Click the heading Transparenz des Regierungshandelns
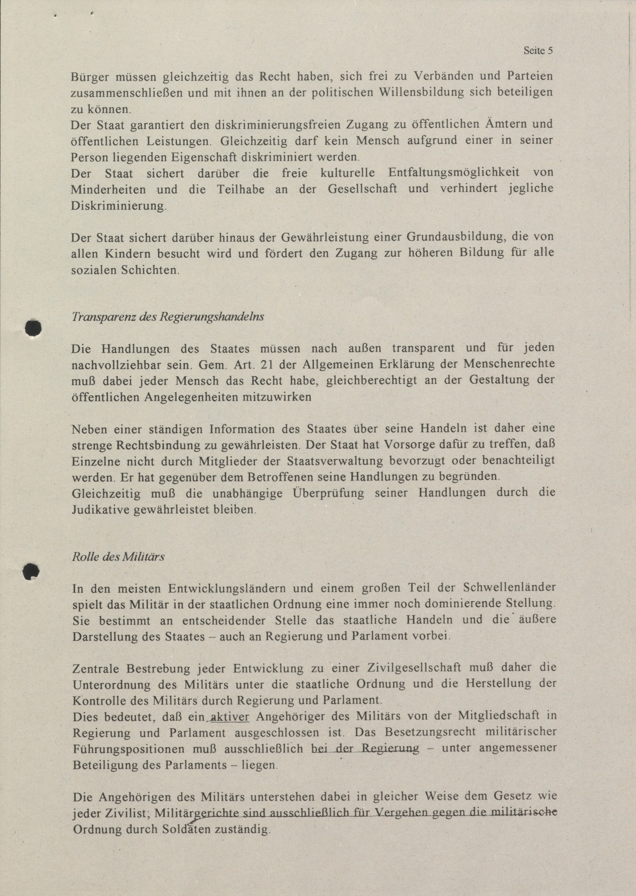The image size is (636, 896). [x=168, y=316]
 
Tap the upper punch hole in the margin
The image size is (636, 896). [x=33, y=328]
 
